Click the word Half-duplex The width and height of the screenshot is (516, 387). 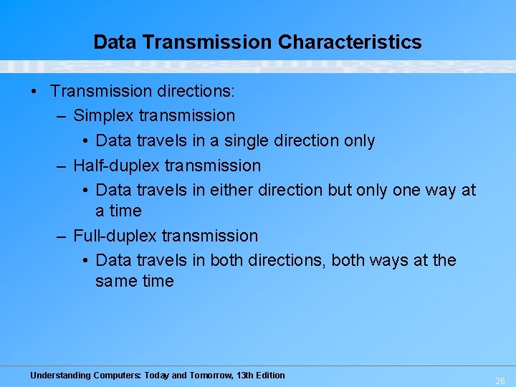click(x=117, y=166)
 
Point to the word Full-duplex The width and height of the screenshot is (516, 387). click(x=115, y=236)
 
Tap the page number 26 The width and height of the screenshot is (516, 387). click(x=500, y=381)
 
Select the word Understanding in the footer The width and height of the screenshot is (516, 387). click(x=60, y=376)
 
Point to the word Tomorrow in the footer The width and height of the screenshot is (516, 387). click(x=211, y=376)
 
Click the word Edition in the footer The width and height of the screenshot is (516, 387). click(x=272, y=376)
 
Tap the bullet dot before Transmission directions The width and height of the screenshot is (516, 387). click(x=34, y=92)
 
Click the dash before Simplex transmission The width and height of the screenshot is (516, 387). click(x=62, y=115)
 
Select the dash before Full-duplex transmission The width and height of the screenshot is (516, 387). click(x=62, y=236)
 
